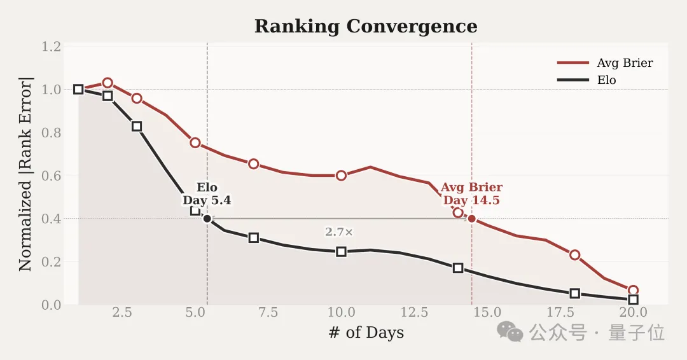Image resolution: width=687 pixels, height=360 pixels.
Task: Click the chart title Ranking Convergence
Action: (366, 27)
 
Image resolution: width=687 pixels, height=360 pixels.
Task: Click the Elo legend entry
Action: (606, 80)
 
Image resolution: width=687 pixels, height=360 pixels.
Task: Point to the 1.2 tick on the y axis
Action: (52, 46)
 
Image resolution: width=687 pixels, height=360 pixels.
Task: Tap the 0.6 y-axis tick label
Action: (52, 176)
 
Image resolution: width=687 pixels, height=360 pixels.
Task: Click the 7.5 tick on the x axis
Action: (268, 313)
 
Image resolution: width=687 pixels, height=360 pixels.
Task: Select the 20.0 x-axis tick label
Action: (633, 313)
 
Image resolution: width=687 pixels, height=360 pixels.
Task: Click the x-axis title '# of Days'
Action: (366, 333)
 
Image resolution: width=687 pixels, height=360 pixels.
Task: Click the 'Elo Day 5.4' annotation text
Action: (207, 194)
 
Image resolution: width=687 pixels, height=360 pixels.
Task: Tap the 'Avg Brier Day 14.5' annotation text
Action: (471, 194)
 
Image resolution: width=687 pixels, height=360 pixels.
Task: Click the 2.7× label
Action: (339, 232)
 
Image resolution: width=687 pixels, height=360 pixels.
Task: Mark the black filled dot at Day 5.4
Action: (207, 219)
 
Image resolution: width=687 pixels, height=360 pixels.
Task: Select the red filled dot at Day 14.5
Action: (471, 219)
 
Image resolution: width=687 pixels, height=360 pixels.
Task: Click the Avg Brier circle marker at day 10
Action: (342, 176)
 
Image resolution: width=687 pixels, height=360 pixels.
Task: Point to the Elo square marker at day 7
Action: (254, 238)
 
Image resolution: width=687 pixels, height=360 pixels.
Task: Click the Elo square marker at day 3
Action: (137, 127)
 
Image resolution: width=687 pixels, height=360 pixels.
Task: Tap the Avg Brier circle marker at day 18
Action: (575, 255)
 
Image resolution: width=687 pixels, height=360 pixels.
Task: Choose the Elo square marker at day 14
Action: (458, 268)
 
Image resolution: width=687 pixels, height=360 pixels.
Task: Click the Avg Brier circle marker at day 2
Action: (108, 83)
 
